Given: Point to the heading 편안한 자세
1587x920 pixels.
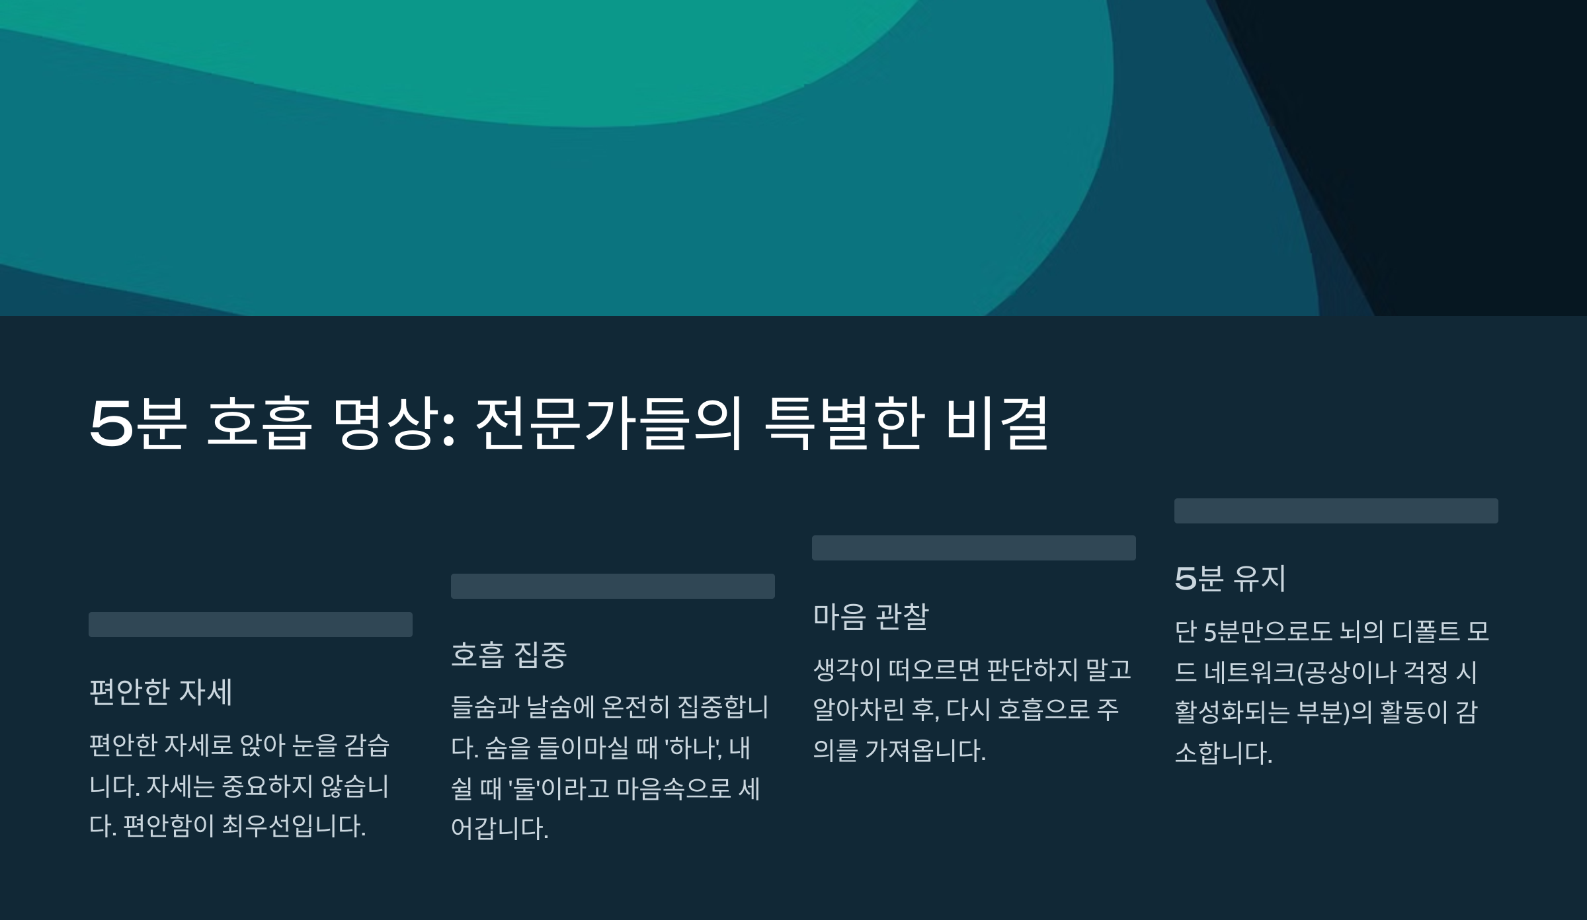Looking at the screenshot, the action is tap(161, 693).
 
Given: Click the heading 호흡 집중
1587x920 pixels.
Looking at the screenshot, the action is tap(509, 655).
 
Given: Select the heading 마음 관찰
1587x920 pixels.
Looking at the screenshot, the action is tap(870, 617).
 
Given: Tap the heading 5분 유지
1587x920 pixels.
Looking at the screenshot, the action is tap(1230, 579).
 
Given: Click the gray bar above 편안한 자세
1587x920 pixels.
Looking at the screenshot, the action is tap(251, 625).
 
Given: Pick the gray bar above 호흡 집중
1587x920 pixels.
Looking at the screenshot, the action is tap(612, 586).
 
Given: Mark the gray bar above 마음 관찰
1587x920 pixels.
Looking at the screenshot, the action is tap(973, 548).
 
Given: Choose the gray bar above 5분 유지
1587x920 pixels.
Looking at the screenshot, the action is tap(1336, 511).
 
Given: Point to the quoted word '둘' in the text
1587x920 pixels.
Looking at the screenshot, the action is tap(525, 788).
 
